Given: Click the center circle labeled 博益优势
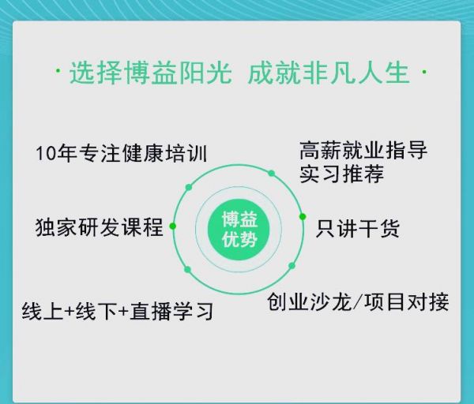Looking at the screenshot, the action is (239, 229).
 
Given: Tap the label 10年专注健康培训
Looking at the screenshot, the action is (122, 153).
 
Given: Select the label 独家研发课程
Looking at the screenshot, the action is (100, 227).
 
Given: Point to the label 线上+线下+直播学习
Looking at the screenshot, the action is (118, 311).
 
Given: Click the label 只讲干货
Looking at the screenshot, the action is (358, 228).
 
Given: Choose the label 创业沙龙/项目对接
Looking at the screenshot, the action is (358, 301).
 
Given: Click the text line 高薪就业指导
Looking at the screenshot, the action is (363, 150).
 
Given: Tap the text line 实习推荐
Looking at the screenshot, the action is (341, 174).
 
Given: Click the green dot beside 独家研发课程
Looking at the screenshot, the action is (172, 226).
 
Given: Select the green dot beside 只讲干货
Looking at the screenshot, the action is (303, 216).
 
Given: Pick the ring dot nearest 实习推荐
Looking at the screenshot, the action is (272, 174).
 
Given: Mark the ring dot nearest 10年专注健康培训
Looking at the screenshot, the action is (189, 187).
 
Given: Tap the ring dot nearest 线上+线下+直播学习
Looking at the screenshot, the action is (187, 270).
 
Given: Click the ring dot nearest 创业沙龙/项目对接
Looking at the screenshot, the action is (292, 266).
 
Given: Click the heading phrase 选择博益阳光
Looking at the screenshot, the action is (151, 73).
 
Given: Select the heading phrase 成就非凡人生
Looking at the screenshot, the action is (329, 73).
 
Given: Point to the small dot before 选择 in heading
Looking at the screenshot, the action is (58, 71).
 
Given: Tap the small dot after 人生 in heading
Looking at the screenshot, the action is (424, 72).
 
